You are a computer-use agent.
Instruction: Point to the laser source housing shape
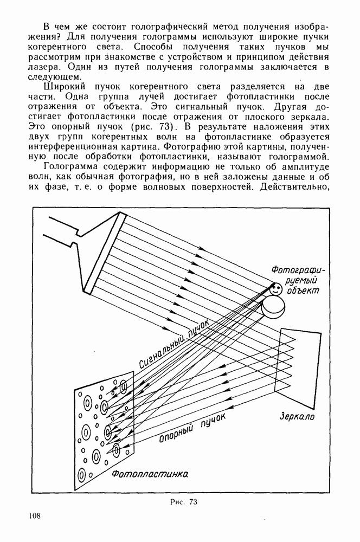coord(87,249)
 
